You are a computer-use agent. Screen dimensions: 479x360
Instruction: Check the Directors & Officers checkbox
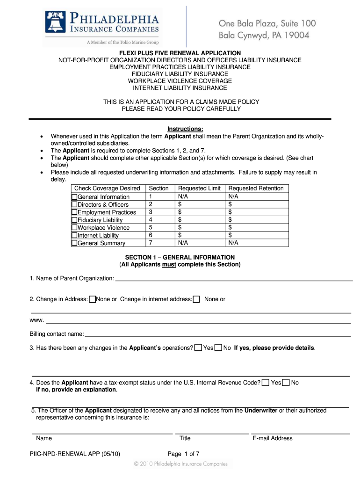tap(74, 204)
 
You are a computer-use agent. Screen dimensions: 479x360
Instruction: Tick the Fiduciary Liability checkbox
tap(74, 220)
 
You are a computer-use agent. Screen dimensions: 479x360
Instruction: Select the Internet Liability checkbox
tap(74, 235)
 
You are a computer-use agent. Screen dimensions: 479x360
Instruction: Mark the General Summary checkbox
tap(74, 243)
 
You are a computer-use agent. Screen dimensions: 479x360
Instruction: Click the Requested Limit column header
tap(199, 189)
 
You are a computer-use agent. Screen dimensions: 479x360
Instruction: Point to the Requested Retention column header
tap(256, 189)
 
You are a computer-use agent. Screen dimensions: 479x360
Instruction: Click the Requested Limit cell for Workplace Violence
tap(199, 228)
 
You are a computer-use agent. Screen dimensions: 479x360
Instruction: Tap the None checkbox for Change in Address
tap(92, 299)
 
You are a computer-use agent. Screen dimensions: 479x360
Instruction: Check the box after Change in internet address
tap(196, 299)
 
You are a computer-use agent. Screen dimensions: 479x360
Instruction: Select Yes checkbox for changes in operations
tap(199, 348)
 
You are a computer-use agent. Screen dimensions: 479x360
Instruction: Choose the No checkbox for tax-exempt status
tap(286, 383)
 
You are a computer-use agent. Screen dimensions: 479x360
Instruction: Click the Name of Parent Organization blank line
tap(234, 280)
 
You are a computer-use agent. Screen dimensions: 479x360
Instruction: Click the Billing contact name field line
tap(217, 335)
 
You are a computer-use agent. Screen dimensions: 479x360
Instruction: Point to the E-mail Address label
tap(273, 438)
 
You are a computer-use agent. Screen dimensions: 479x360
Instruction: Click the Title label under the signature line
tap(185, 438)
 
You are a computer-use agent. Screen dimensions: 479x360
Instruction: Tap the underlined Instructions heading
tap(185, 129)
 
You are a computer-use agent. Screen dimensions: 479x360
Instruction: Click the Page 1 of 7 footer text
tap(183, 454)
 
